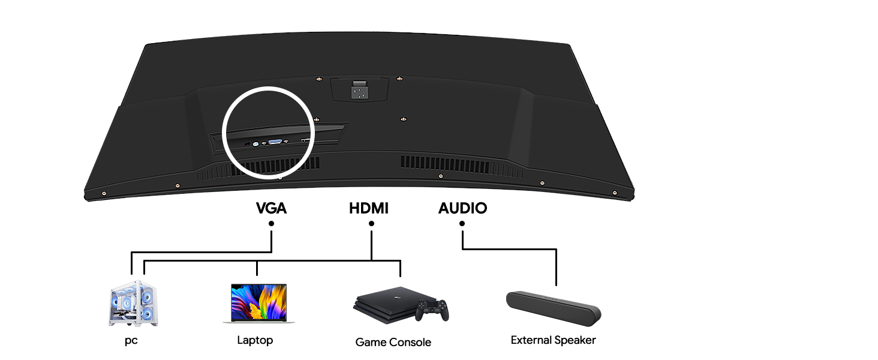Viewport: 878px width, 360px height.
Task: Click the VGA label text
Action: pos(271,209)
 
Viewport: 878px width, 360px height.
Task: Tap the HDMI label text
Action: pos(369,209)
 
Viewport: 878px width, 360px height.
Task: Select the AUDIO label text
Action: pos(462,209)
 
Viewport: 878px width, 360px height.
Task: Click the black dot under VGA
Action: pos(272,224)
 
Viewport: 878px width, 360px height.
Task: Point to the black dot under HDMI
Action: pos(371,224)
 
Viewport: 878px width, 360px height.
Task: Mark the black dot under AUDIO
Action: pos(462,224)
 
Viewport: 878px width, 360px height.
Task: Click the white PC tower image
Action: pos(134,303)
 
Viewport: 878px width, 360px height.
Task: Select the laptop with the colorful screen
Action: pos(258,304)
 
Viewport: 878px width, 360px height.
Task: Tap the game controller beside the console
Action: pos(433,310)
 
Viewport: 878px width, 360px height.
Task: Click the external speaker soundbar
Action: pos(553,307)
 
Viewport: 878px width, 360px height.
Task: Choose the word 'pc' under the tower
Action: pos(131,341)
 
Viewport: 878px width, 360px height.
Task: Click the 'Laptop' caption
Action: pos(255,341)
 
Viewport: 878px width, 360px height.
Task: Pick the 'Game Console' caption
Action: pos(393,343)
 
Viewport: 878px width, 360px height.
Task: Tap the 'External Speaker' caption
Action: pos(553,341)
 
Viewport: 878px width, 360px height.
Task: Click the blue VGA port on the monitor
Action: pos(276,142)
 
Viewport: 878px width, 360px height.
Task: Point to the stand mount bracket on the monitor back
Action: pos(359,90)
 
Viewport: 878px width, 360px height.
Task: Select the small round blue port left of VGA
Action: pos(256,145)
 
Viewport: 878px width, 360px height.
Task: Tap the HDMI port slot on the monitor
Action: pos(305,141)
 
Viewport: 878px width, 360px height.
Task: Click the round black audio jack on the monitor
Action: pos(247,145)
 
